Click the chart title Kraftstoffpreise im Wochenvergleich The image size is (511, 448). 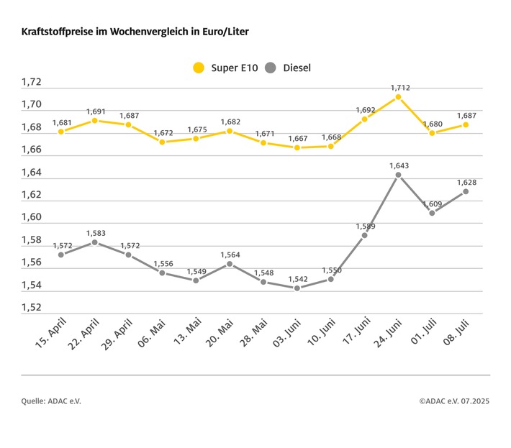[x=136, y=33]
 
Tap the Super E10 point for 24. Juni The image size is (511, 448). [x=398, y=96]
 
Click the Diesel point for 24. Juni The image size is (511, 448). [x=398, y=175]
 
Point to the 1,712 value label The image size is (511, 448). [x=401, y=88]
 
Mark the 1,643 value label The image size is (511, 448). [x=399, y=166]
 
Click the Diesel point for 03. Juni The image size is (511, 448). [x=297, y=288]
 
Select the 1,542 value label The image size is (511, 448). [x=297, y=279]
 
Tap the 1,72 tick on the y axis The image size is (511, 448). [x=32, y=83]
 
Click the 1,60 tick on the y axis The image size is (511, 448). [x=32, y=218]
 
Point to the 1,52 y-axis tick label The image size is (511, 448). [x=32, y=308]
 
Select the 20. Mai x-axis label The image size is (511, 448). [x=218, y=335]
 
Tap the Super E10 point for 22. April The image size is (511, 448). [x=94, y=121]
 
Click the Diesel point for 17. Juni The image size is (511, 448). [x=364, y=235]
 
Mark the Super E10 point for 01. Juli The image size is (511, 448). [x=432, y=133]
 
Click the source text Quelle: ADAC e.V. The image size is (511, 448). [x=51, y=401]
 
